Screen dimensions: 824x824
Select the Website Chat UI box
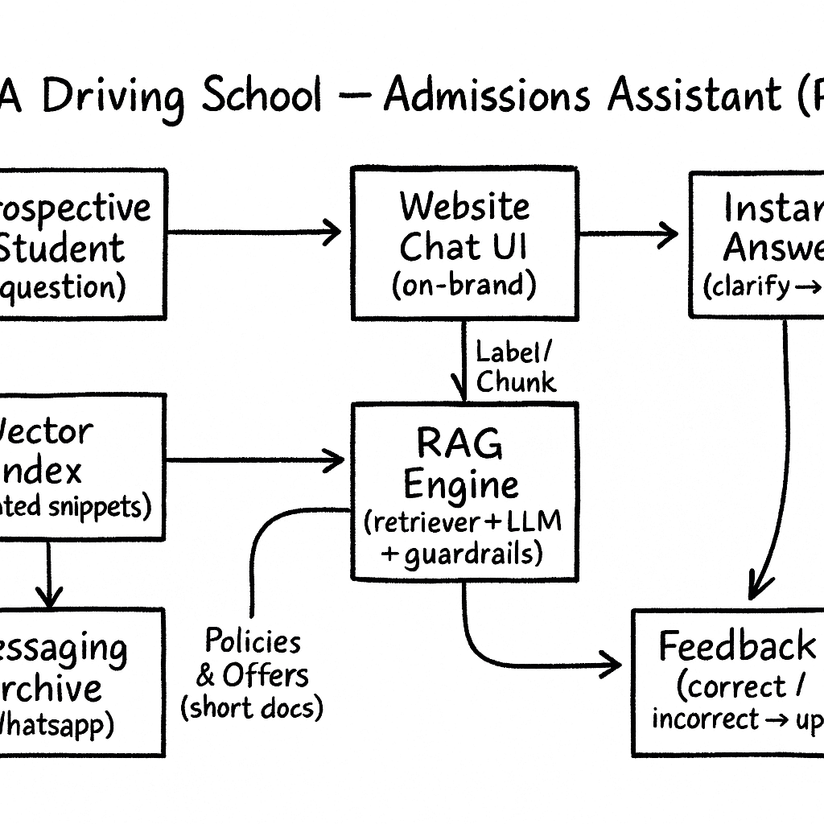click(x=464, y=244)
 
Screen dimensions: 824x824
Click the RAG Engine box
click(x=464, y=491)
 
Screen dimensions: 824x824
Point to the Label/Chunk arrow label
click(x=515, y=366)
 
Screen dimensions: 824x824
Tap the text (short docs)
click(x=251, y=707)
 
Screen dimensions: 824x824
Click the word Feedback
click(x=735, y=646)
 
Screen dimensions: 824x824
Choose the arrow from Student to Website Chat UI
click(x=253, y=233)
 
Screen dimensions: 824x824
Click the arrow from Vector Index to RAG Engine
click(x=254, y=460)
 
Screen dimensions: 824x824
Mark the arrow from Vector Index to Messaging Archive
click(x=49, y=573)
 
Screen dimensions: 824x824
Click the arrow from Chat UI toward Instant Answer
click(x=628, y=235)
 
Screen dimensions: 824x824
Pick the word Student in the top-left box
click(x=63, y=248)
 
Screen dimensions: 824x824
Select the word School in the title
click(x=262, y=97)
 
